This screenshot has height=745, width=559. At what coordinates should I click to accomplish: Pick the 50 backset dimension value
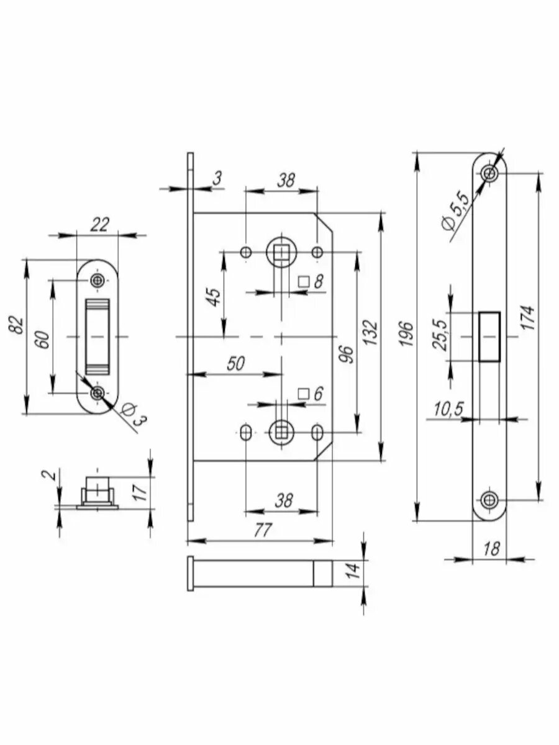point(235,364)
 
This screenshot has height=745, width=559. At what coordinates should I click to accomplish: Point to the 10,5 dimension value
point(449,409)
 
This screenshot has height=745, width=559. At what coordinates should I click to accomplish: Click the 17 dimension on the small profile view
point(140,492)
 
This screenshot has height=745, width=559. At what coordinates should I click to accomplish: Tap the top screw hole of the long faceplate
point(490,174)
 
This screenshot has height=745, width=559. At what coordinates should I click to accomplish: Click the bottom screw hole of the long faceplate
point(490,499)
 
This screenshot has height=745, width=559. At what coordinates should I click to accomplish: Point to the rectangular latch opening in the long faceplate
point(489,336)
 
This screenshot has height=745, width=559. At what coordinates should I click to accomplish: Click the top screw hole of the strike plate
point(97,281)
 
